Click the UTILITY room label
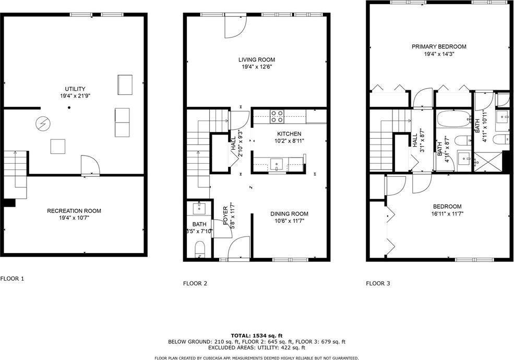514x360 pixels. pos(75,89)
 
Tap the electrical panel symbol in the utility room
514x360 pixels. pos(41,124)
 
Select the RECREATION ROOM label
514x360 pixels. pos(74,211)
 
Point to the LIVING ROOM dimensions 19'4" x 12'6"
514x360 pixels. pos(257,67)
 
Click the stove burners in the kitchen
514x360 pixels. pos(277,116)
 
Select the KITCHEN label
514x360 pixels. pos(289,134)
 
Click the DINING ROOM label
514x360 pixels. pos(289,213)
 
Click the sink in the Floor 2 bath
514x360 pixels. pos(199,209)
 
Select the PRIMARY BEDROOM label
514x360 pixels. pos(439,46)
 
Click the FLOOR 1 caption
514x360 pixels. pos(12,279)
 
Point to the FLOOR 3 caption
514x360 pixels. pos(378,284)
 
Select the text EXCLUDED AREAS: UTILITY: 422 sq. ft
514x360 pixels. pos(256,347)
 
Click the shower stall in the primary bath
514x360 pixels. pos(487,161)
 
